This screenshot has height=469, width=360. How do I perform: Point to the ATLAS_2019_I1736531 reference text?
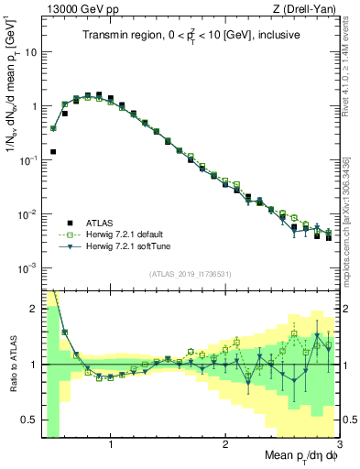click(191, 274)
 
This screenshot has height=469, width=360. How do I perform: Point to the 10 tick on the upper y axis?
click(30, 52)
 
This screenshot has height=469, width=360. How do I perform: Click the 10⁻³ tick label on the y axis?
click(28, 268)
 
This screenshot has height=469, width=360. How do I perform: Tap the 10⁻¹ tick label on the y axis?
click(28, 160)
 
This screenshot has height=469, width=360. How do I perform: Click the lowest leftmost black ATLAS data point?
click(53, 152)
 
